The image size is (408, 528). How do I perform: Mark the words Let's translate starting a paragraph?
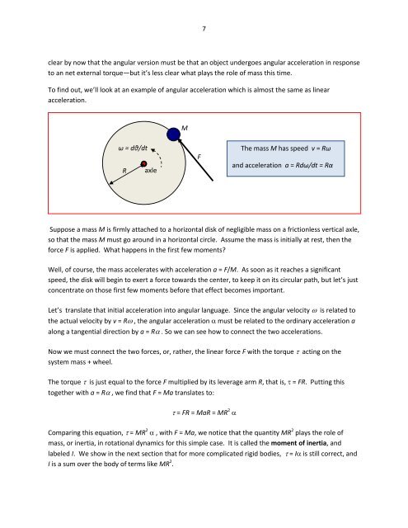point(68,337)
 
